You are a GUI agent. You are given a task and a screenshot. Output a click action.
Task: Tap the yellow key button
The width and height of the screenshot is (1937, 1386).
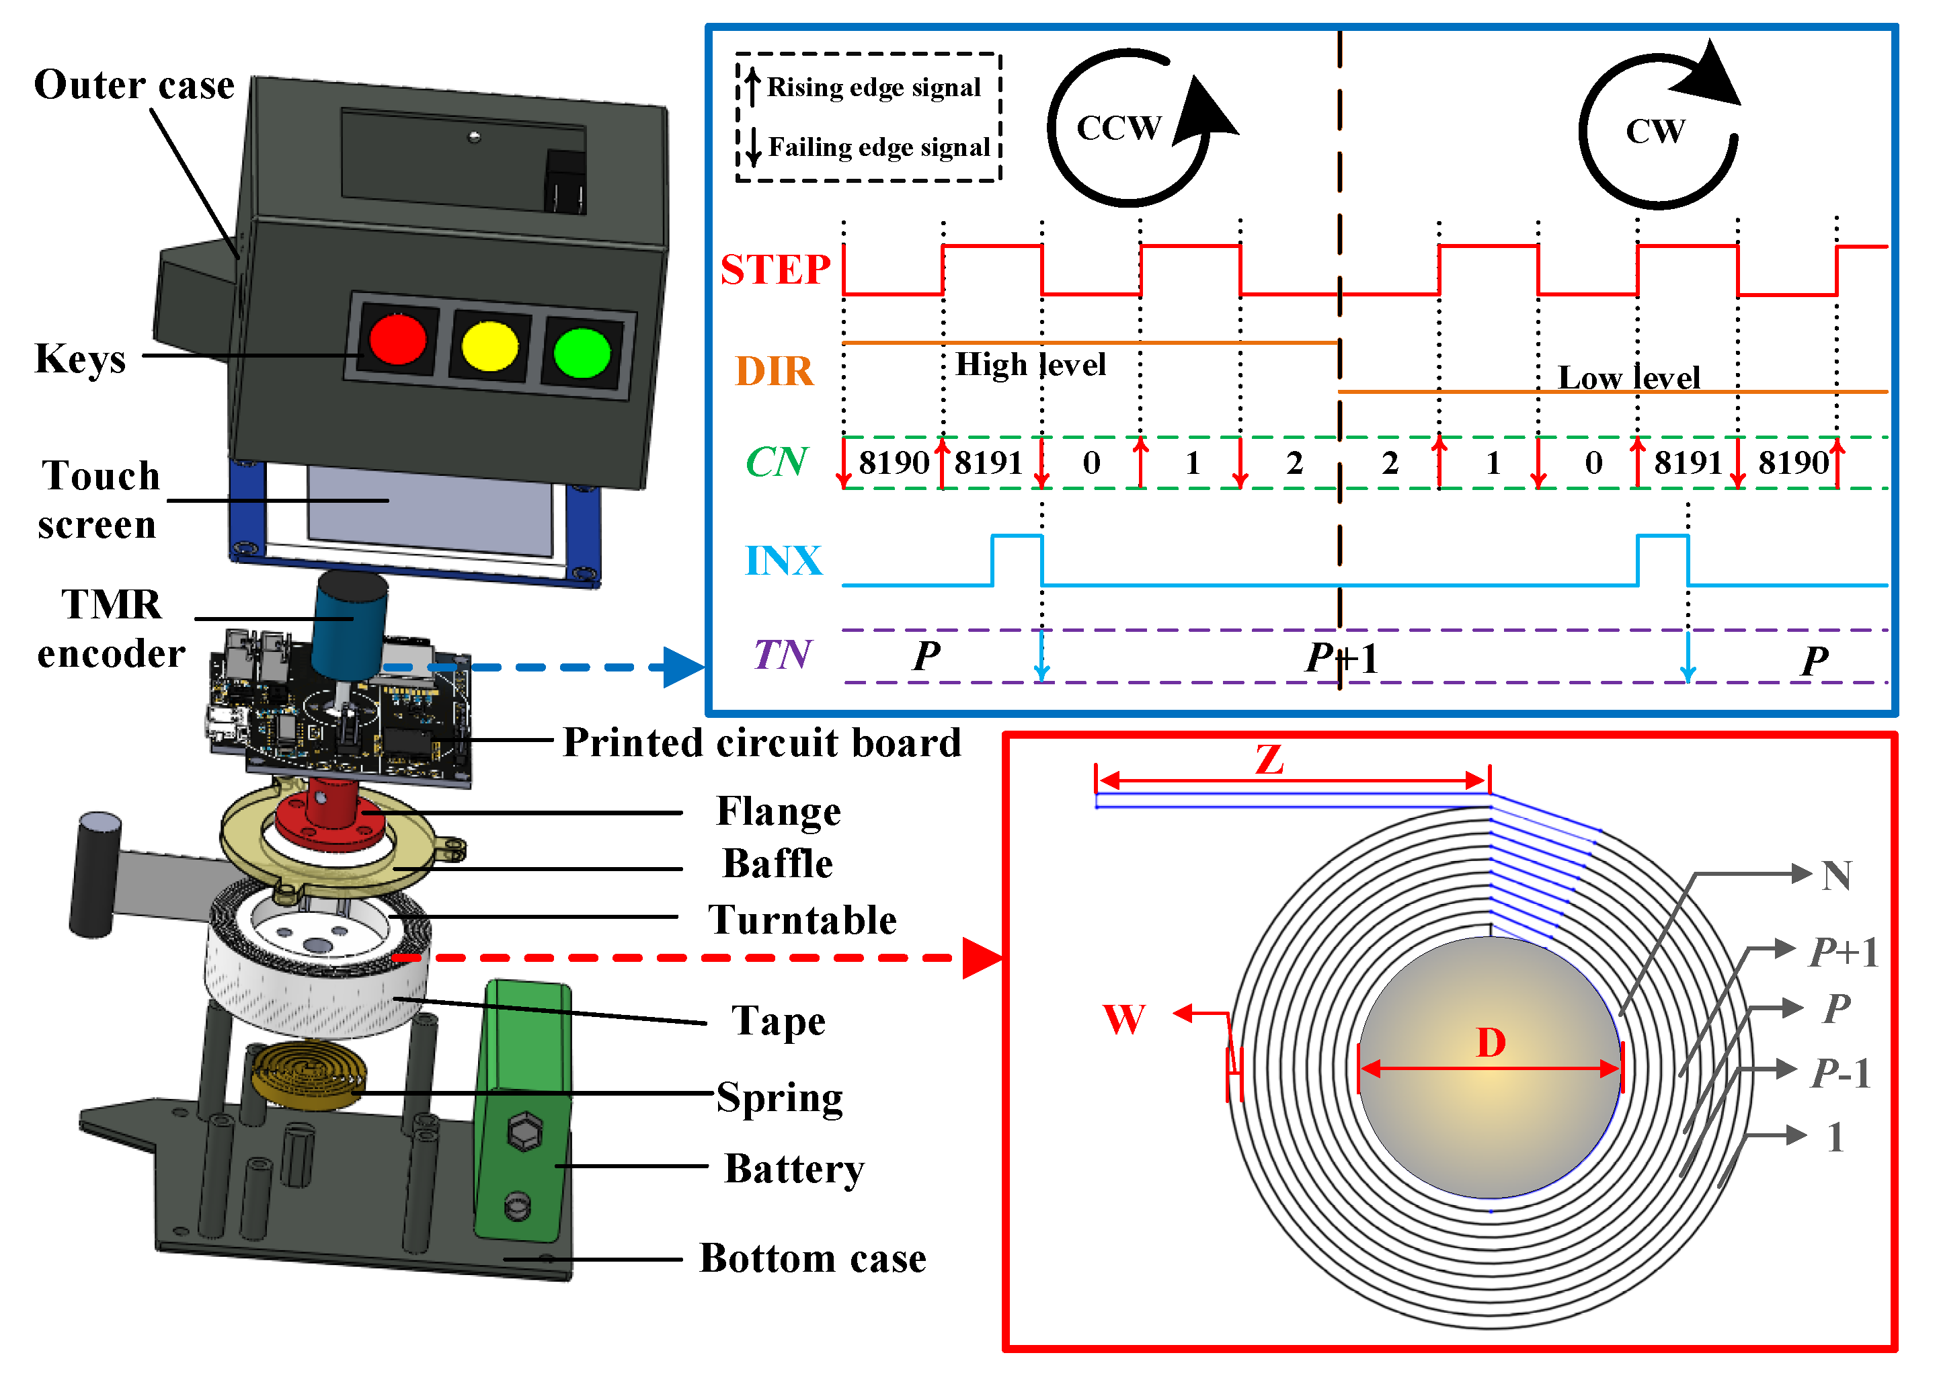[x=489, y=345]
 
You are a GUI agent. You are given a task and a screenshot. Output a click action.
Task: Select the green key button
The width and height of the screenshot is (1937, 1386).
[x=582, y=352]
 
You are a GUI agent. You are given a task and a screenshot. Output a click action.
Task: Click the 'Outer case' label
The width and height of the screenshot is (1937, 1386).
[x=134, y=85]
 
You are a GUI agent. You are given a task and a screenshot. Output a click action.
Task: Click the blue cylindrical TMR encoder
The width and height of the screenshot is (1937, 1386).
[x=348, y=626]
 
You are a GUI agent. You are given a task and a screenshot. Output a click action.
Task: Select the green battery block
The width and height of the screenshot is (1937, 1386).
[x=523, y=1110]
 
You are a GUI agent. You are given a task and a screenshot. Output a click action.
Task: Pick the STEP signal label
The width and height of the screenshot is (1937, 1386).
[x=775, y=270]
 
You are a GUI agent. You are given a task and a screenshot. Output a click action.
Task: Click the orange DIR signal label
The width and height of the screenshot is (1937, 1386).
[x=775, y=371]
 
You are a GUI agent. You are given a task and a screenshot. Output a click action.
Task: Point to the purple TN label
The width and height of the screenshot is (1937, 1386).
[x=782, y=655]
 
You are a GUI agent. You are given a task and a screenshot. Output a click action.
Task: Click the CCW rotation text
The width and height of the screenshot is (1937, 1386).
[x=1118, y=128]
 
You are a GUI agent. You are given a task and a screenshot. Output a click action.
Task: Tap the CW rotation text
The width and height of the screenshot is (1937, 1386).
[x=1655, y=132]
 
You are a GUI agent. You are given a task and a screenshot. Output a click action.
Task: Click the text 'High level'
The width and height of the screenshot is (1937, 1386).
[x=1031, y=364]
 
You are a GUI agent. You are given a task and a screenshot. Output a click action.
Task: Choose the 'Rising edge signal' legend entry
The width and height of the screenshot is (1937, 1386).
[x=873, y=87]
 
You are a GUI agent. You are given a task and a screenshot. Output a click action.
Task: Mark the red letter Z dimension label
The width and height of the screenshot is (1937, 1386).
[x=1269, y=759]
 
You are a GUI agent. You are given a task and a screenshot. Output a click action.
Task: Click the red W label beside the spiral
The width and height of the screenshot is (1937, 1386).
[x=1123, y=1019]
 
